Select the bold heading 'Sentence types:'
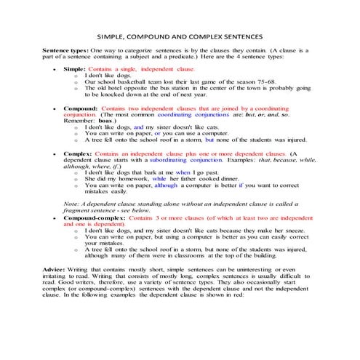click(66, 50)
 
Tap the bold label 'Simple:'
click(75, 68)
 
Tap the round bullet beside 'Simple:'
click(56, 68)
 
